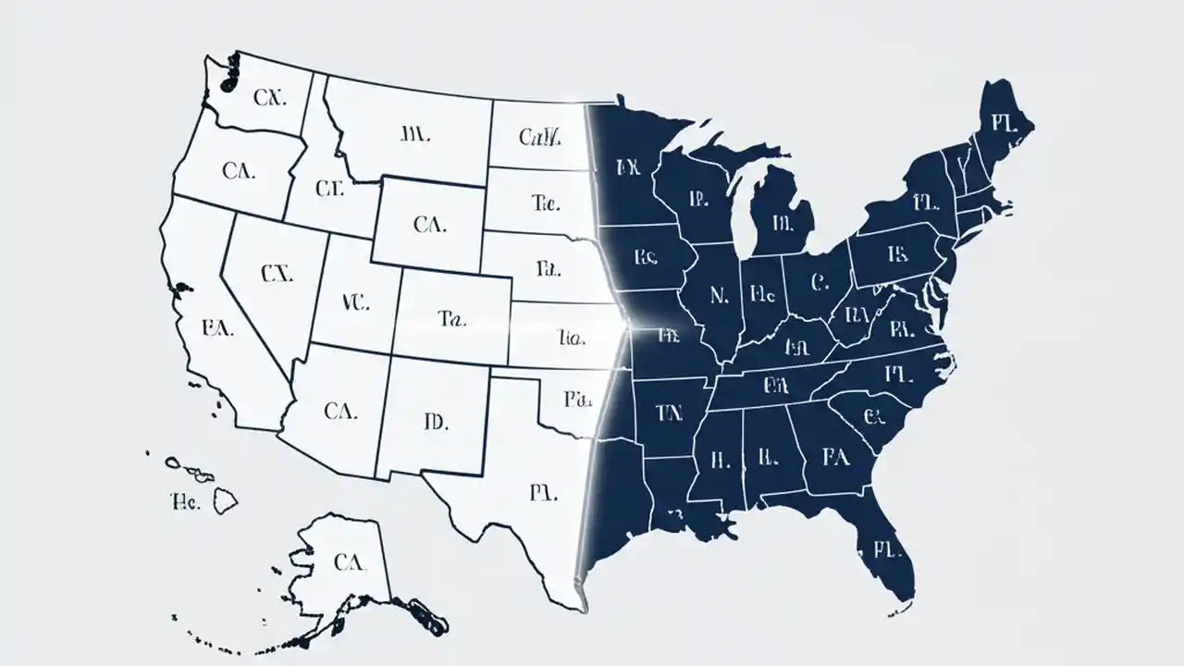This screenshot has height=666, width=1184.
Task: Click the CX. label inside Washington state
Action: (269, 98)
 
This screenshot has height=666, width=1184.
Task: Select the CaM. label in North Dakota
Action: (540, 139)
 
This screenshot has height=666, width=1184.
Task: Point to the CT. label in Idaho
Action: (329, 190)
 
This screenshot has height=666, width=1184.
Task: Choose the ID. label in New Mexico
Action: (435, 423)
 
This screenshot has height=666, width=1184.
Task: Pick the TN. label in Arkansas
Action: (667, 413)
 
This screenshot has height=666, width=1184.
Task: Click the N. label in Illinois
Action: (720, 295)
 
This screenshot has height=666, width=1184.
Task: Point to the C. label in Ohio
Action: (818, 281)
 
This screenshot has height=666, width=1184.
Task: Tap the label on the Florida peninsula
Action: (886, 550)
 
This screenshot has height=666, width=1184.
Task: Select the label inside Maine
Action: (1003, 124)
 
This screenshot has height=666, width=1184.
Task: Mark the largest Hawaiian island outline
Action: (226, 501)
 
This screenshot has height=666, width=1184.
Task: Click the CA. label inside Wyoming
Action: (430, 223)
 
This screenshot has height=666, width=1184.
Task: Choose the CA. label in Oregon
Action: (240, 170)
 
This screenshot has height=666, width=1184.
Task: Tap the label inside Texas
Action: (543, 493)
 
